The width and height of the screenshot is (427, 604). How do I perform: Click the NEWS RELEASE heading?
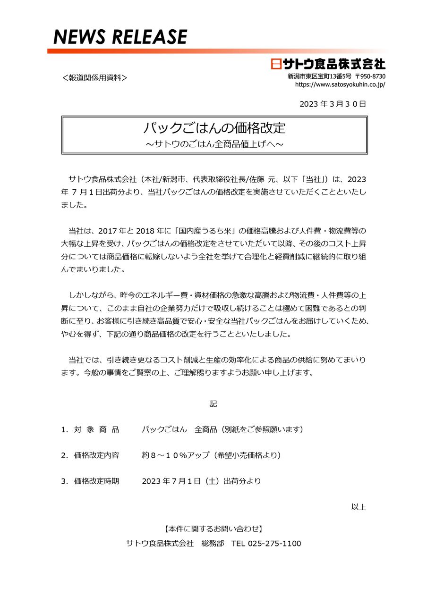click(x=120, y=37)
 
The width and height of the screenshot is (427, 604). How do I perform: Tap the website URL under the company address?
click(x=340, y=84)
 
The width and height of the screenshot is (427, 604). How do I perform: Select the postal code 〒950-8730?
click(x=370, y=76)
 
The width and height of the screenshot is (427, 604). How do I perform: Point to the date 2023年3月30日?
click(x=333, y=104)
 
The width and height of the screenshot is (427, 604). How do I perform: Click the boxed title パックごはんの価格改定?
click(x=214, y=128)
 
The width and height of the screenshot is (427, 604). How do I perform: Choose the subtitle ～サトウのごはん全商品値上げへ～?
click(x=214, y=143)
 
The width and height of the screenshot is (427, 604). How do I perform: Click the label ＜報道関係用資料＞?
click(x=94, y=77)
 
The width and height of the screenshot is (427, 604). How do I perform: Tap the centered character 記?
click(x=213, y=404)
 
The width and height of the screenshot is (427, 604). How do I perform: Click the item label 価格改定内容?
click(x=96, y=455)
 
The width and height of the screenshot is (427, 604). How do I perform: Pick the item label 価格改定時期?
click(x=96, y=481)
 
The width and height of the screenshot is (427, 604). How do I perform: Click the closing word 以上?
click(x=359, y=507)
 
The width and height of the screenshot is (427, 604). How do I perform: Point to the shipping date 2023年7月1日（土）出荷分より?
click(x=201, y=481)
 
